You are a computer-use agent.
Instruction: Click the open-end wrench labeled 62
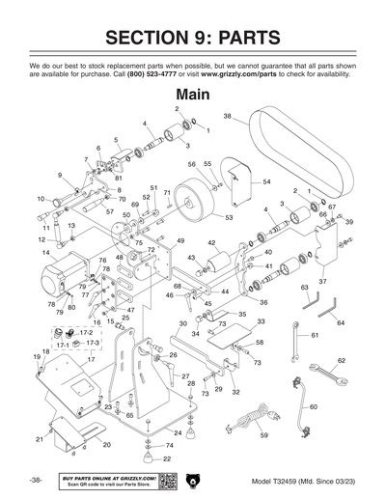coord(328,376)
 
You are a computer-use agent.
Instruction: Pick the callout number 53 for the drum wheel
coord(229,218)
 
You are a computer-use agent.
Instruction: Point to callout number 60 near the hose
coord(314,407)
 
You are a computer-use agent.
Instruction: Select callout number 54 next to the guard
coord(266,181)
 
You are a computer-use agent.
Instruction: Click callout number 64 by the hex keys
coord(341,322)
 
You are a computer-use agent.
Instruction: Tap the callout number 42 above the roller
coord(211,243)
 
